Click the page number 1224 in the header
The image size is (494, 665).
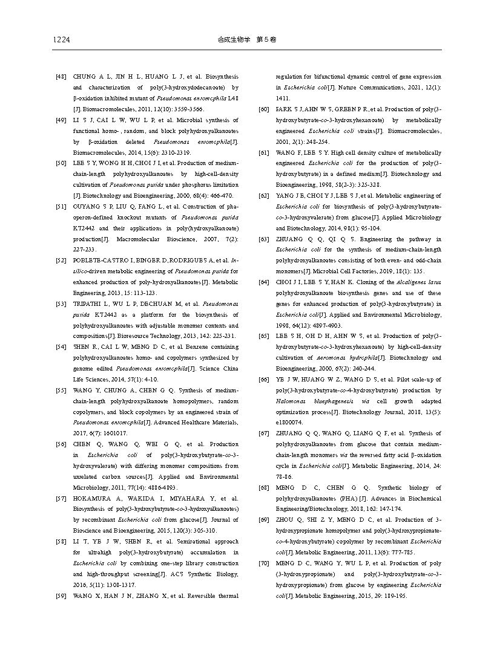[62, 40]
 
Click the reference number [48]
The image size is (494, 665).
[61, 77]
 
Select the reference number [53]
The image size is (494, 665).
[61, 303]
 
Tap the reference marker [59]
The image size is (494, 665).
[61, 595]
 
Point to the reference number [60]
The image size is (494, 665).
[263, 109]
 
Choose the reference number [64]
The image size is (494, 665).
[263, 282]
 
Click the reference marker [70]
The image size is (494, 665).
[263, 563]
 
